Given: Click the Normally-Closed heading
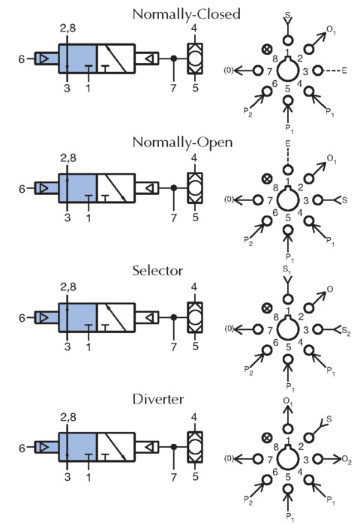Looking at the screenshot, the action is [x=187, y=14].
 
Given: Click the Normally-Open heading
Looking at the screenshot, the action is [x=182, y=142].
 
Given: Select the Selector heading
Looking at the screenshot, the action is [x=157, y=271].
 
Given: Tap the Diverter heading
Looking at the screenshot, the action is [x=158, y=399].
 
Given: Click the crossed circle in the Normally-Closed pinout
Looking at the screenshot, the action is [x=266, y=50].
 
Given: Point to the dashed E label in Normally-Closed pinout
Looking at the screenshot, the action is [x=344, y=70].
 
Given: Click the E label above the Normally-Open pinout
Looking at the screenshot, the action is [x=287, y=144].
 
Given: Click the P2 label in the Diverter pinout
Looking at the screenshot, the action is [x=248, y=499].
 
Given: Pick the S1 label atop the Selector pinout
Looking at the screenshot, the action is [x=286, y=269].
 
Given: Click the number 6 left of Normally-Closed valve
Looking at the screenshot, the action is [x=22, y=59].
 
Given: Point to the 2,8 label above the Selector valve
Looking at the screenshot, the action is [x=68, y=287].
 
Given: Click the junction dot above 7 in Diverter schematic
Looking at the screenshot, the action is [x=173, y=447].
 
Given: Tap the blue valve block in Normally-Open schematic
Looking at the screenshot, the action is [x=78, y=188].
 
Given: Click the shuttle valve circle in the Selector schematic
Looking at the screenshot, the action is [x=195, y=317].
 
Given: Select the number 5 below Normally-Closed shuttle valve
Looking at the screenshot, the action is [x=196, y=88].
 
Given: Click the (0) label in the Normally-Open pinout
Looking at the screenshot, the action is [x=229, y=199].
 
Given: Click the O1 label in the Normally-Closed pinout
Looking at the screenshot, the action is [x=331, y=30].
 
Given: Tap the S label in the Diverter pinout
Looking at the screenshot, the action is [x=328, y=418].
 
